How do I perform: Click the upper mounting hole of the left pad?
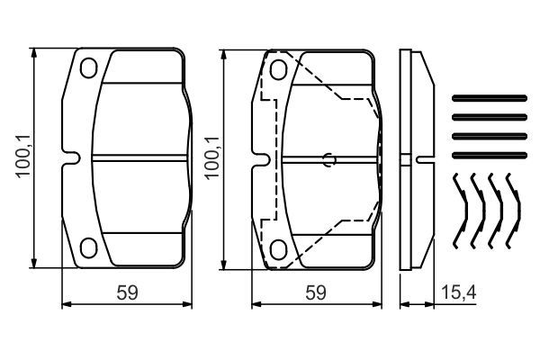[88, 67]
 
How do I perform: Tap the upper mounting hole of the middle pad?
[279, 67]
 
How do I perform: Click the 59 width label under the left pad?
[129, 292]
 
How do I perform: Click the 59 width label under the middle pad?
[315, 292]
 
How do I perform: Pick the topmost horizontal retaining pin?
[487, 98]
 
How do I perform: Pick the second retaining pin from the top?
[487, 116]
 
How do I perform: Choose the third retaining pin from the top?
[487, 135]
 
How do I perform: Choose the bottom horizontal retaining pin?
[487, 153]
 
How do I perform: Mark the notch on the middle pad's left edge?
[261, 159]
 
